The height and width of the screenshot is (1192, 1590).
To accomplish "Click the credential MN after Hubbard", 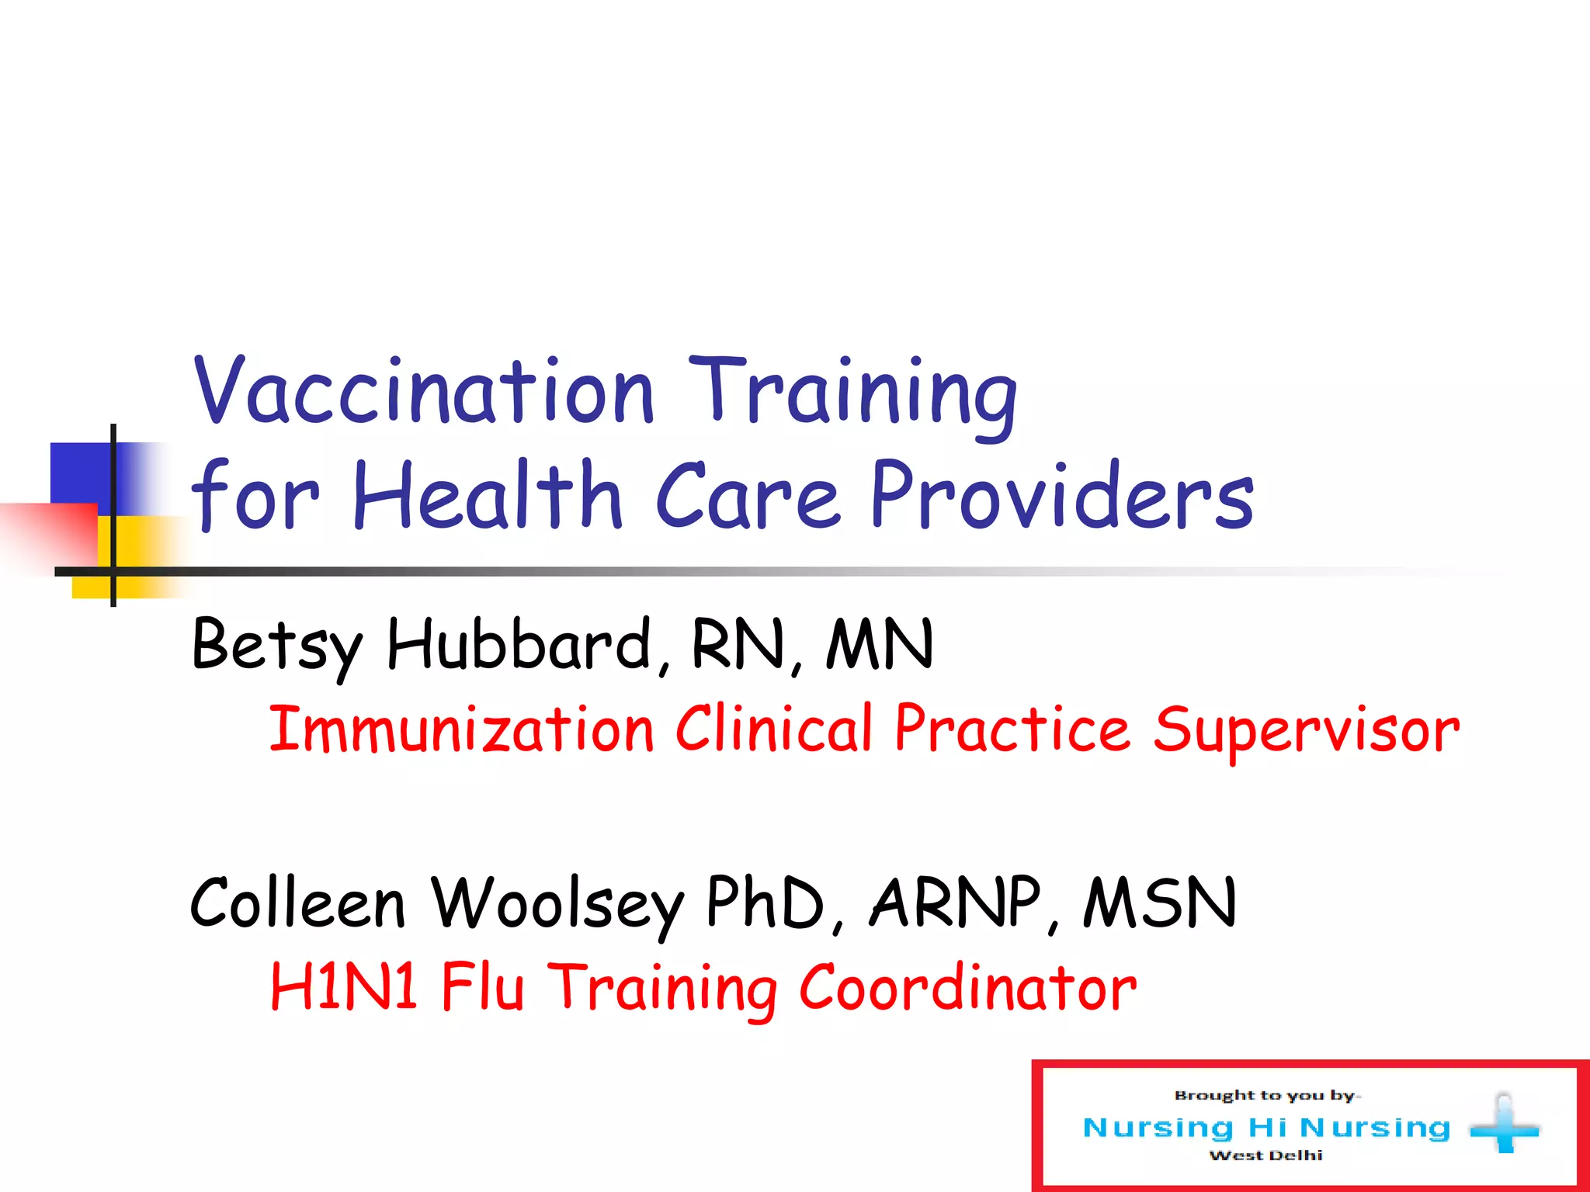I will [x=879, y=644].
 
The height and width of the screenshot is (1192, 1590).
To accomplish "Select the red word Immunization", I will [x=461, y=729].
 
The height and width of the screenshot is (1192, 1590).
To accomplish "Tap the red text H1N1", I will [x=344, y=987].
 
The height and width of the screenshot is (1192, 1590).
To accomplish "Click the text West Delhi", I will [x=1265, y=1156].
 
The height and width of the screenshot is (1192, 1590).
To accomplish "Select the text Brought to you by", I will [x=1265, y=1096].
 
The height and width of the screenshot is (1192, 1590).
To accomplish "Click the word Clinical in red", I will [x=774, y=729].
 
